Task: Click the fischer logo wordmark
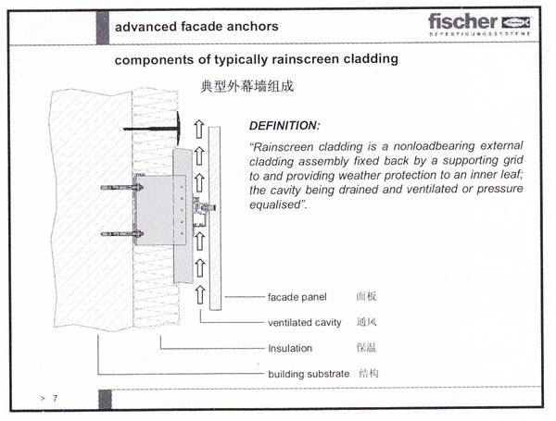click(462, 22)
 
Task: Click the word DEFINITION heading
click(284, 126)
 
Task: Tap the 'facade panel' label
click(297, 297)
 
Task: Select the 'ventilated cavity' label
click(305, 323)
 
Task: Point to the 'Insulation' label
click(290, 349)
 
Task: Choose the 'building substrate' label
click(309, 374)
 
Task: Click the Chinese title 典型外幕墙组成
click(246, 86)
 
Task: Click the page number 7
click(55, 399)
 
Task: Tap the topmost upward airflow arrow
click(199, 129)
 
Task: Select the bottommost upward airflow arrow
click(200, 294)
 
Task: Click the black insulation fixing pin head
click(178, 129)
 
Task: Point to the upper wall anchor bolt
click(122, 187)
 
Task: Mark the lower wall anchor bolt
click(122, 234)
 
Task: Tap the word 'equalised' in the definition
click(276, 204)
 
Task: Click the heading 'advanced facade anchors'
click(196, 27)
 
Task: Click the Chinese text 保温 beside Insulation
click(366, 348)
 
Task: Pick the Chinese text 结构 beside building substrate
click(369, 373)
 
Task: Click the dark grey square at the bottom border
click(105, 399)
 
